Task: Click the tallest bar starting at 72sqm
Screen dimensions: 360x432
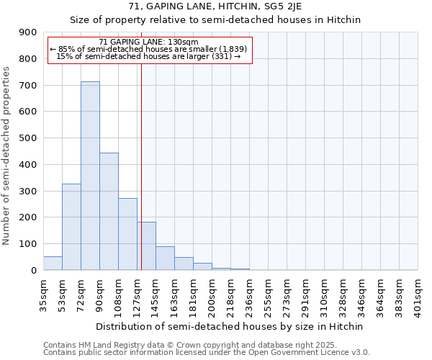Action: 90,176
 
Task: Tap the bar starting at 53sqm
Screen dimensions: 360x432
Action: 71,227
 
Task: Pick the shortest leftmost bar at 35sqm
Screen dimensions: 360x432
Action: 53,264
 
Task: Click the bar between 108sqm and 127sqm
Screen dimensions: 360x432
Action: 127,234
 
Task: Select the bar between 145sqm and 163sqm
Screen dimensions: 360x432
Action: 165,258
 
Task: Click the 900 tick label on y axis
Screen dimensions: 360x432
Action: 28,32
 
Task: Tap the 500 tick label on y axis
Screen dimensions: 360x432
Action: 28,138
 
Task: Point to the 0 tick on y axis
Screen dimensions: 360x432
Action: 34,271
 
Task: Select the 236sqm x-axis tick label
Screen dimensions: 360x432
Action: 249,295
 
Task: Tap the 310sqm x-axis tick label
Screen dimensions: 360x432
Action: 324,295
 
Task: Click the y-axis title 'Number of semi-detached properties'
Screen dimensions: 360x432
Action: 7,156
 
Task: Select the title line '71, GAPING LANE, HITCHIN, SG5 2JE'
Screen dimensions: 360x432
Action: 215,7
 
